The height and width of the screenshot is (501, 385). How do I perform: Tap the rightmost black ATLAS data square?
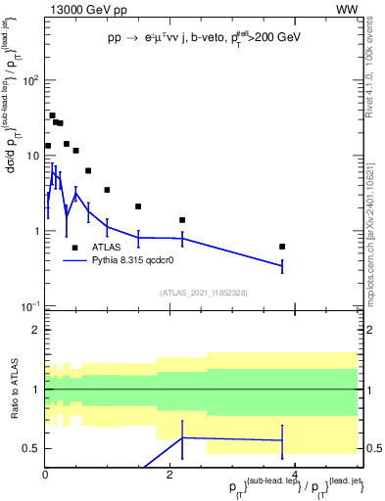[x=282, y=247]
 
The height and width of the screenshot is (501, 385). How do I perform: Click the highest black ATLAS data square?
[x=52, y=115]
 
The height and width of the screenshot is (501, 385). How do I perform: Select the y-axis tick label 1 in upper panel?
[x=35, y=232]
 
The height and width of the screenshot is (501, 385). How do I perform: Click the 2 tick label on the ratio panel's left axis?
[x=35, y=331]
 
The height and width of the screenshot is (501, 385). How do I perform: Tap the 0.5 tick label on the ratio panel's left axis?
[x=31, y=449]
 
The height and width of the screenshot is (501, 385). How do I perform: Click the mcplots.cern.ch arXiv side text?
[x=376, y=221]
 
